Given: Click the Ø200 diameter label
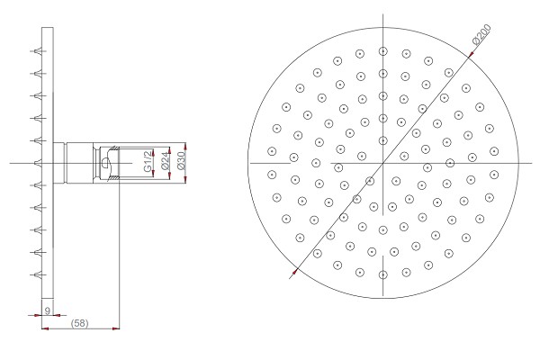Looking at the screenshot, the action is tap(482, 34).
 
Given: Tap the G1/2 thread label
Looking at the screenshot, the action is tap(148, 161).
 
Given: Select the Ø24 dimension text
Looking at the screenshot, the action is tap(166, 161).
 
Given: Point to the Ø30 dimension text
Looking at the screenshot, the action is tap(181, 161).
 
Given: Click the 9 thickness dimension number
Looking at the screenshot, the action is tap(48, 310).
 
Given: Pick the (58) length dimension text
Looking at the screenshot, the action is tap(79, 323).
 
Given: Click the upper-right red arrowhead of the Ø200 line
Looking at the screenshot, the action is tap(472, 54).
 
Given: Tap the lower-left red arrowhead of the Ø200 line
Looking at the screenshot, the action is tap(295, 272).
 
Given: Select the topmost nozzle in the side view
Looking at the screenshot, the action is tap(38, 51).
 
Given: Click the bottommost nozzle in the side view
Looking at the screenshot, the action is tap(38, 274).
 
